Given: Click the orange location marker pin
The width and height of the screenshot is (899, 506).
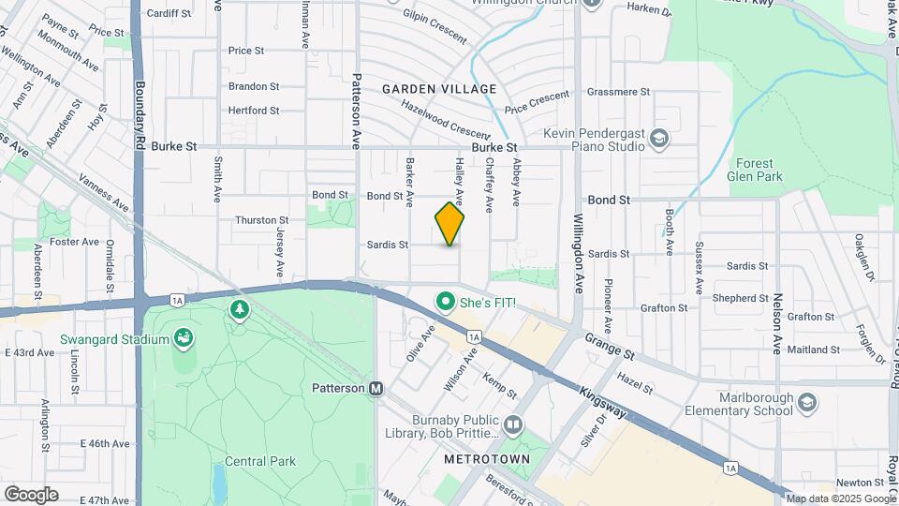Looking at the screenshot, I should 449,224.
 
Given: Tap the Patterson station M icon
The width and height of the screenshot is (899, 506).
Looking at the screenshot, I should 376,388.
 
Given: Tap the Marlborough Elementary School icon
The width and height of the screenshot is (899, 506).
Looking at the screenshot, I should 807,403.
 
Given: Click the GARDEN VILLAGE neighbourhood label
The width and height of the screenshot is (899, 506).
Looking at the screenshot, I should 438,89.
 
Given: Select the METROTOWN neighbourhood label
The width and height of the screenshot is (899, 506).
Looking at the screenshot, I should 486,459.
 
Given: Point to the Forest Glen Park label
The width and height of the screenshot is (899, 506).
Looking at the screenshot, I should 754,169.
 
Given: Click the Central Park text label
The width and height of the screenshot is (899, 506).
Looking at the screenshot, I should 260,461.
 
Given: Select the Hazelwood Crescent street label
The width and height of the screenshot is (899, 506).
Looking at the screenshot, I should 446,117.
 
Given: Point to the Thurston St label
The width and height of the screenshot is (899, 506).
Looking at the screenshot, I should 261,220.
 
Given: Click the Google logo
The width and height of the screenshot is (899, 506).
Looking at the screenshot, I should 31,495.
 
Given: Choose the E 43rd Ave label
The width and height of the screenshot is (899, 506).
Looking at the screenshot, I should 29,352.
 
